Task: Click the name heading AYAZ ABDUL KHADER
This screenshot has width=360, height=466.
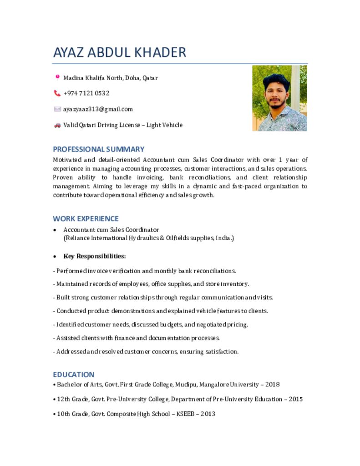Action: pyautogui.click(x=120, y=52)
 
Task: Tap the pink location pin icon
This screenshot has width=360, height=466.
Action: pyautogui.click(x=57, y=77)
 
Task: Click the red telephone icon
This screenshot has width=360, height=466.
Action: pyautogui.click(x=57, y=93)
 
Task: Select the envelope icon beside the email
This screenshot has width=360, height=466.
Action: pyautogui.click(x=57, y=109)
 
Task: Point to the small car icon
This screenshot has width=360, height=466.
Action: pyautogui.click(x=57, y=125)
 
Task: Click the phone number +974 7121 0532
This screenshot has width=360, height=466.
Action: pyautogui.click(x=86, y=93)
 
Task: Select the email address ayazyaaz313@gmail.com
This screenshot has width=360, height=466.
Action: pyautogui.click(x=98, y=109)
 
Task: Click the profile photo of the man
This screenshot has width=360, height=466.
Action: pyautogui.click(x=279, y=98)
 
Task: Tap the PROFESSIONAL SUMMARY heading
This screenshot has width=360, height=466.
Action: pyautogui.click(x=98, y=149)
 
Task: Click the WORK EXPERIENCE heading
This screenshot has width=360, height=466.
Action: pyautogui.click(x=86, y=218)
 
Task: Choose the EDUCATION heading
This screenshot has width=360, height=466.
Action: pyautogui.click(x=74, y=375)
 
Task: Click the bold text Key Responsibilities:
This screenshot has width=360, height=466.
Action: pyautogui.click(x=95, y=256)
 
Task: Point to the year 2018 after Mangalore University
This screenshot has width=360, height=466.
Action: pyautogui.click(x=272, y=385)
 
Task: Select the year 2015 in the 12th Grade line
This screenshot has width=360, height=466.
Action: pyautogui.click(x=295, y=399)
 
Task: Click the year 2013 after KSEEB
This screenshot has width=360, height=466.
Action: pyautogui.click(x=208, y=414)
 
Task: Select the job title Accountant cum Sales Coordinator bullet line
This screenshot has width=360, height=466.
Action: pyautogui.click(x=111, y=230)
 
